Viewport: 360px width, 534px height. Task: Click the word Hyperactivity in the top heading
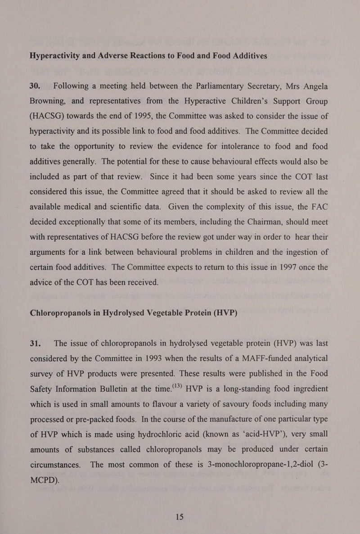[58, 56]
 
